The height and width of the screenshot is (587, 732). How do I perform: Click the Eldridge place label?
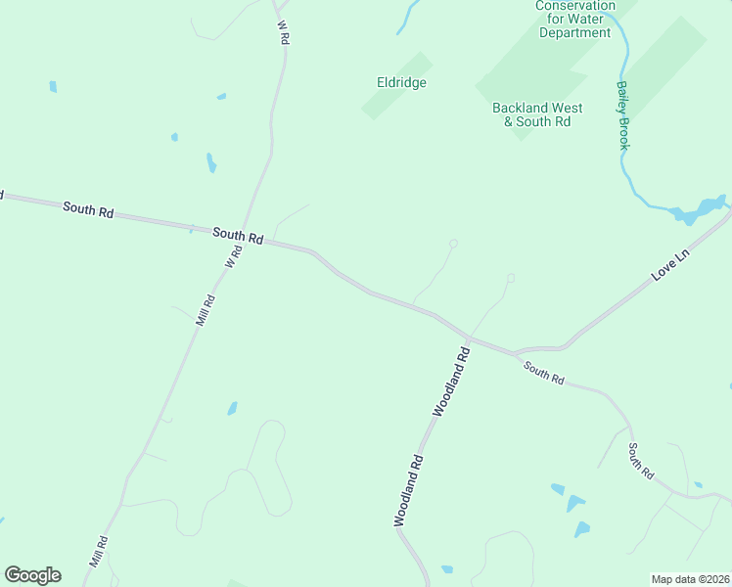[x=401, y=83]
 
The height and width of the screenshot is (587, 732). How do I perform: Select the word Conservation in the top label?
[x=575, y=6]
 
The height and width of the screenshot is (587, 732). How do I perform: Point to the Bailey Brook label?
[x=623, y=114]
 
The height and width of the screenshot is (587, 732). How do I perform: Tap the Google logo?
[x=32, y=575]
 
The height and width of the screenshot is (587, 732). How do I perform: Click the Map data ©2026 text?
[x=690, y=579]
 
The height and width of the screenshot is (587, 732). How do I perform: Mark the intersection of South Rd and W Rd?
[x=247, y=236]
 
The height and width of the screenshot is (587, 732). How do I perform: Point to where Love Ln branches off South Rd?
[x=516, y=351]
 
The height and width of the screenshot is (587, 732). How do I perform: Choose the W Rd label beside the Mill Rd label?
[x=233, y=258]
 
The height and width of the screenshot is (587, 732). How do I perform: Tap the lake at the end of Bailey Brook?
[x=697, y=210]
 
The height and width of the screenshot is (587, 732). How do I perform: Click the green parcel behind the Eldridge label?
[x=396, y=86]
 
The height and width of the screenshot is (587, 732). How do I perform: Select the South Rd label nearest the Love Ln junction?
[x=543, y=373]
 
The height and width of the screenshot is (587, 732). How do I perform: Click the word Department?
[x=575, y=32]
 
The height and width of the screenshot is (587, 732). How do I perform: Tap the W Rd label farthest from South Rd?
[x=285, y=31]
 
